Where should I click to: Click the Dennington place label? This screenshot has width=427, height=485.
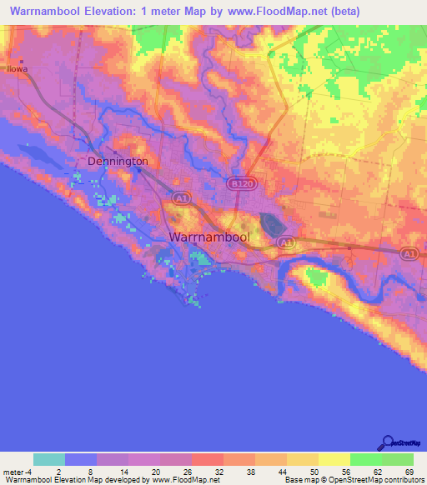tap(118, 161)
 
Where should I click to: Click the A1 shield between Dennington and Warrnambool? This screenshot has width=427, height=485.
tap(181, 197)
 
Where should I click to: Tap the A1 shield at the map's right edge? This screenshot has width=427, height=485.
tap(409, 253)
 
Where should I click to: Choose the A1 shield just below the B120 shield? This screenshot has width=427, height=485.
tap(286, 241)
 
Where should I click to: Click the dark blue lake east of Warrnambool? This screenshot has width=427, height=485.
tap(272, 222)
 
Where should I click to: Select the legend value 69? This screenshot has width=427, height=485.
tap(409, 472)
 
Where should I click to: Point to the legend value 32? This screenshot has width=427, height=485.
tap(207, 472)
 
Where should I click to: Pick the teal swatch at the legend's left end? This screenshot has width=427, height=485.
tap(49, 459)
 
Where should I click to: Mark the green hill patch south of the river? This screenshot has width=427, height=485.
tap(315, 277)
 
